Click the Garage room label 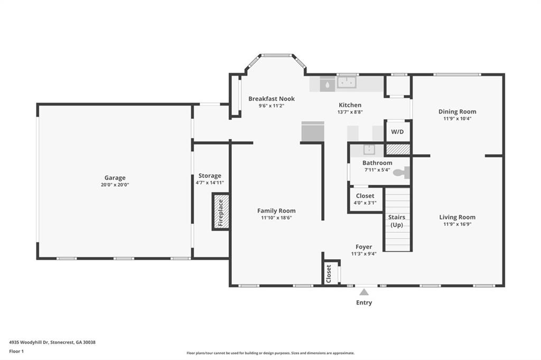point(115,178)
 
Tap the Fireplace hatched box point(221,211)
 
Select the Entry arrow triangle point(364,292)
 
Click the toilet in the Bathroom point(402,173)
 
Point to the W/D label point(397,132)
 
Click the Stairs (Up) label point(397,221)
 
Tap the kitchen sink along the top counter point(347,83)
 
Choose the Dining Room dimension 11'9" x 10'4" point(457,119)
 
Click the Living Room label point(457,217)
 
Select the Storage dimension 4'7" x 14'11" point(210,183)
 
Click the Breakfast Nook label point(272,99)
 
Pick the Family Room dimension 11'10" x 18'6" point(276,217)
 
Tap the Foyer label point(363,247)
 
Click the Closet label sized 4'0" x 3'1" point(365,196)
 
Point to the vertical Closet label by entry point(329,273)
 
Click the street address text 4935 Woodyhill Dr point(29,343)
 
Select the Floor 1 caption point(16,352)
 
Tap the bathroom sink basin point(369,150)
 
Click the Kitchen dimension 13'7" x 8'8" point(350,112)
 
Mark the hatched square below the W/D point(398,149)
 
